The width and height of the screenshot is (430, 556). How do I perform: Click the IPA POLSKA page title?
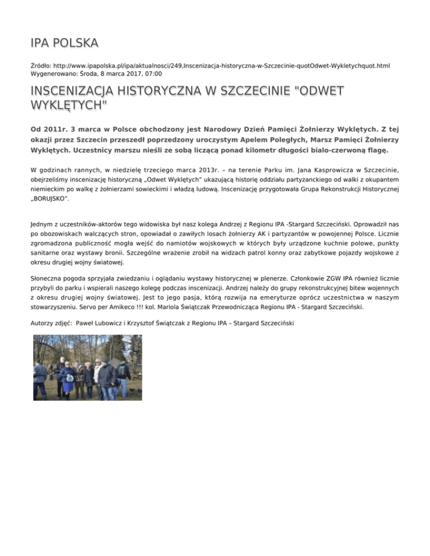(65, 43)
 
